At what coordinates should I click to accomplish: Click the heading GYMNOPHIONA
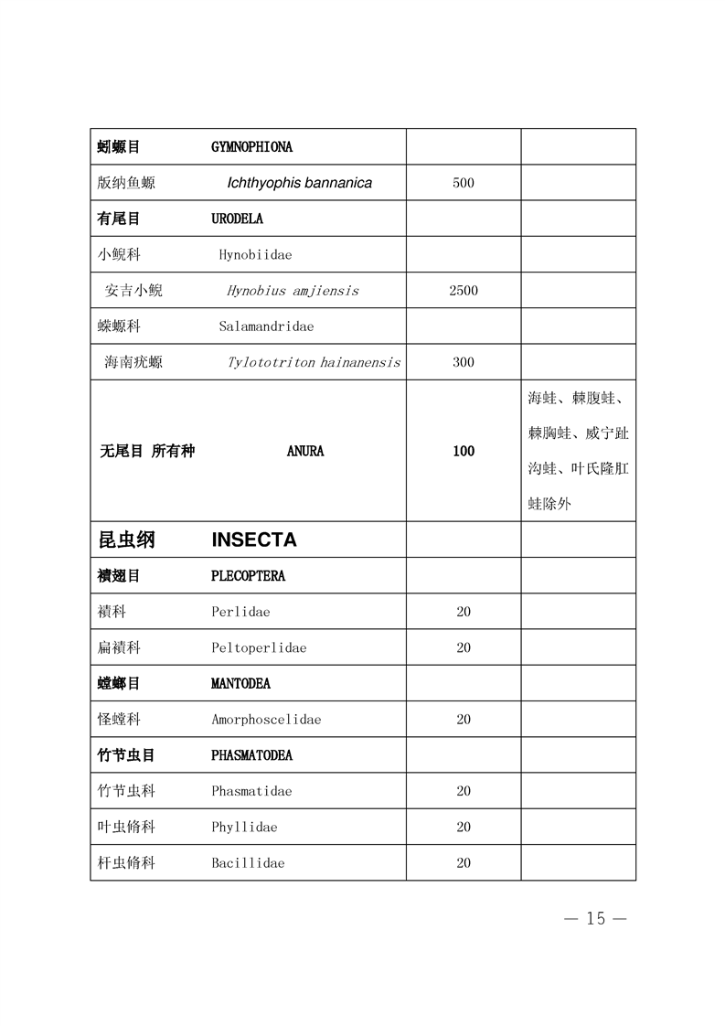click(251, 146)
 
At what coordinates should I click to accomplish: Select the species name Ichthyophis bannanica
click(299, 183)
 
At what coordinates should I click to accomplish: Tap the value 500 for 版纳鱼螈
click(464, 183)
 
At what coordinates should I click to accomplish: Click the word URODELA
click(237, 219)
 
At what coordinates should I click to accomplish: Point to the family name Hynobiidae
click(255, 255)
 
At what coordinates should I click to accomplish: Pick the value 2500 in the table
click(464, 291)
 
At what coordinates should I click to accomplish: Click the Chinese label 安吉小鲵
click(133, 291)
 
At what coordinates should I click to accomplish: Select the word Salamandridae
click(266, 326)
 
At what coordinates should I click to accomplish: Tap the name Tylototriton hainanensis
click(314, 362)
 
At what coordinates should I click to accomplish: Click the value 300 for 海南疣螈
click(464, 362)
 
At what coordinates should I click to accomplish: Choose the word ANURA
click(305, 451)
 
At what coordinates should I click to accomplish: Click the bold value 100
click(464, 451)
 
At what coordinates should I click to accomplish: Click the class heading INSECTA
click(254, 540)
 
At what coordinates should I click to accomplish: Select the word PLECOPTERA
click(248, 576)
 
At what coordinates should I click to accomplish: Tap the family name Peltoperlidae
click(259, 647)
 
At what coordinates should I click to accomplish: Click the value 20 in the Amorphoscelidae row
click(464, 720)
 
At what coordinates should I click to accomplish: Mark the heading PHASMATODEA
click(251, 756)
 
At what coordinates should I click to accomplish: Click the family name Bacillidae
click(248, 863)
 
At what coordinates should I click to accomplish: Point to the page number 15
click(595, 919)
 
